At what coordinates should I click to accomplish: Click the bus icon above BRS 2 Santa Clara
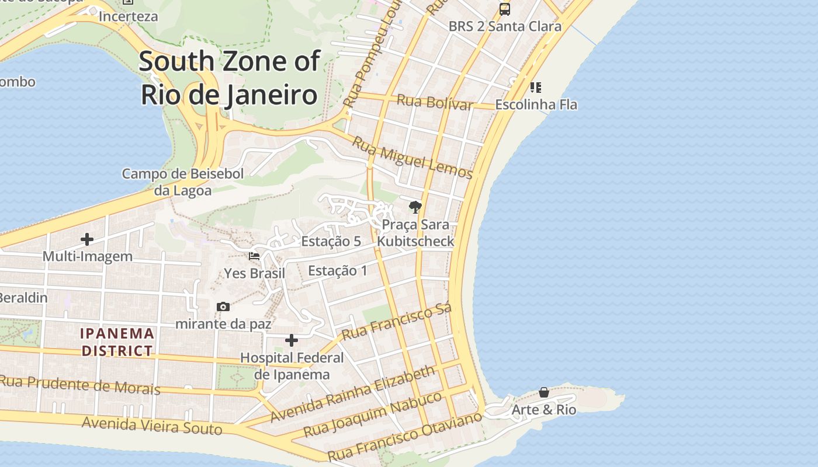click(x=504, y=9)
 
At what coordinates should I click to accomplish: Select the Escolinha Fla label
click(x=536, y=104)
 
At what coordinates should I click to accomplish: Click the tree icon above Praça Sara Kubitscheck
click(x=415, y=207)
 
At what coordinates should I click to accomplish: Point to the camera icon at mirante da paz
click(x=223, y=306)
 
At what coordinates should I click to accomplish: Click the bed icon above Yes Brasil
click(x=254, y=256)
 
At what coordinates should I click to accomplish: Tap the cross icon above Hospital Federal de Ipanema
click(x=292, y=340)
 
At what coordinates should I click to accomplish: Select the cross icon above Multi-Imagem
click(x=87, y=239)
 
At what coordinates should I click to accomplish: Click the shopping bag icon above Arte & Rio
click(x=543, y=392)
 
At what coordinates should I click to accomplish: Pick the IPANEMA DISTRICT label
click(x=117, y=342)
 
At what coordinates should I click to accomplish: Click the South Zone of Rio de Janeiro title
click(x=230, y=78)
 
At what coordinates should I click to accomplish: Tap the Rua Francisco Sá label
click(x=397, y=322)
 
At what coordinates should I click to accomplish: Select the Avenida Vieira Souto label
click(x=152, y=426)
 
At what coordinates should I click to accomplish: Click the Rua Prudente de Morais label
click(x=80, y=385)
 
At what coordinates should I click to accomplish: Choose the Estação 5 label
click(x=331, y=241)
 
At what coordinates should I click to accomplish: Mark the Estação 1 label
click(x=338, y=270)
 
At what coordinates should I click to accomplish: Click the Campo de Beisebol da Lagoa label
click(x=182, y=182)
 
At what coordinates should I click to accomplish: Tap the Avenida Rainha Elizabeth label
click(x=353, y=394)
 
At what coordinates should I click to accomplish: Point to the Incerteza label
click(x=128, y=16)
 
